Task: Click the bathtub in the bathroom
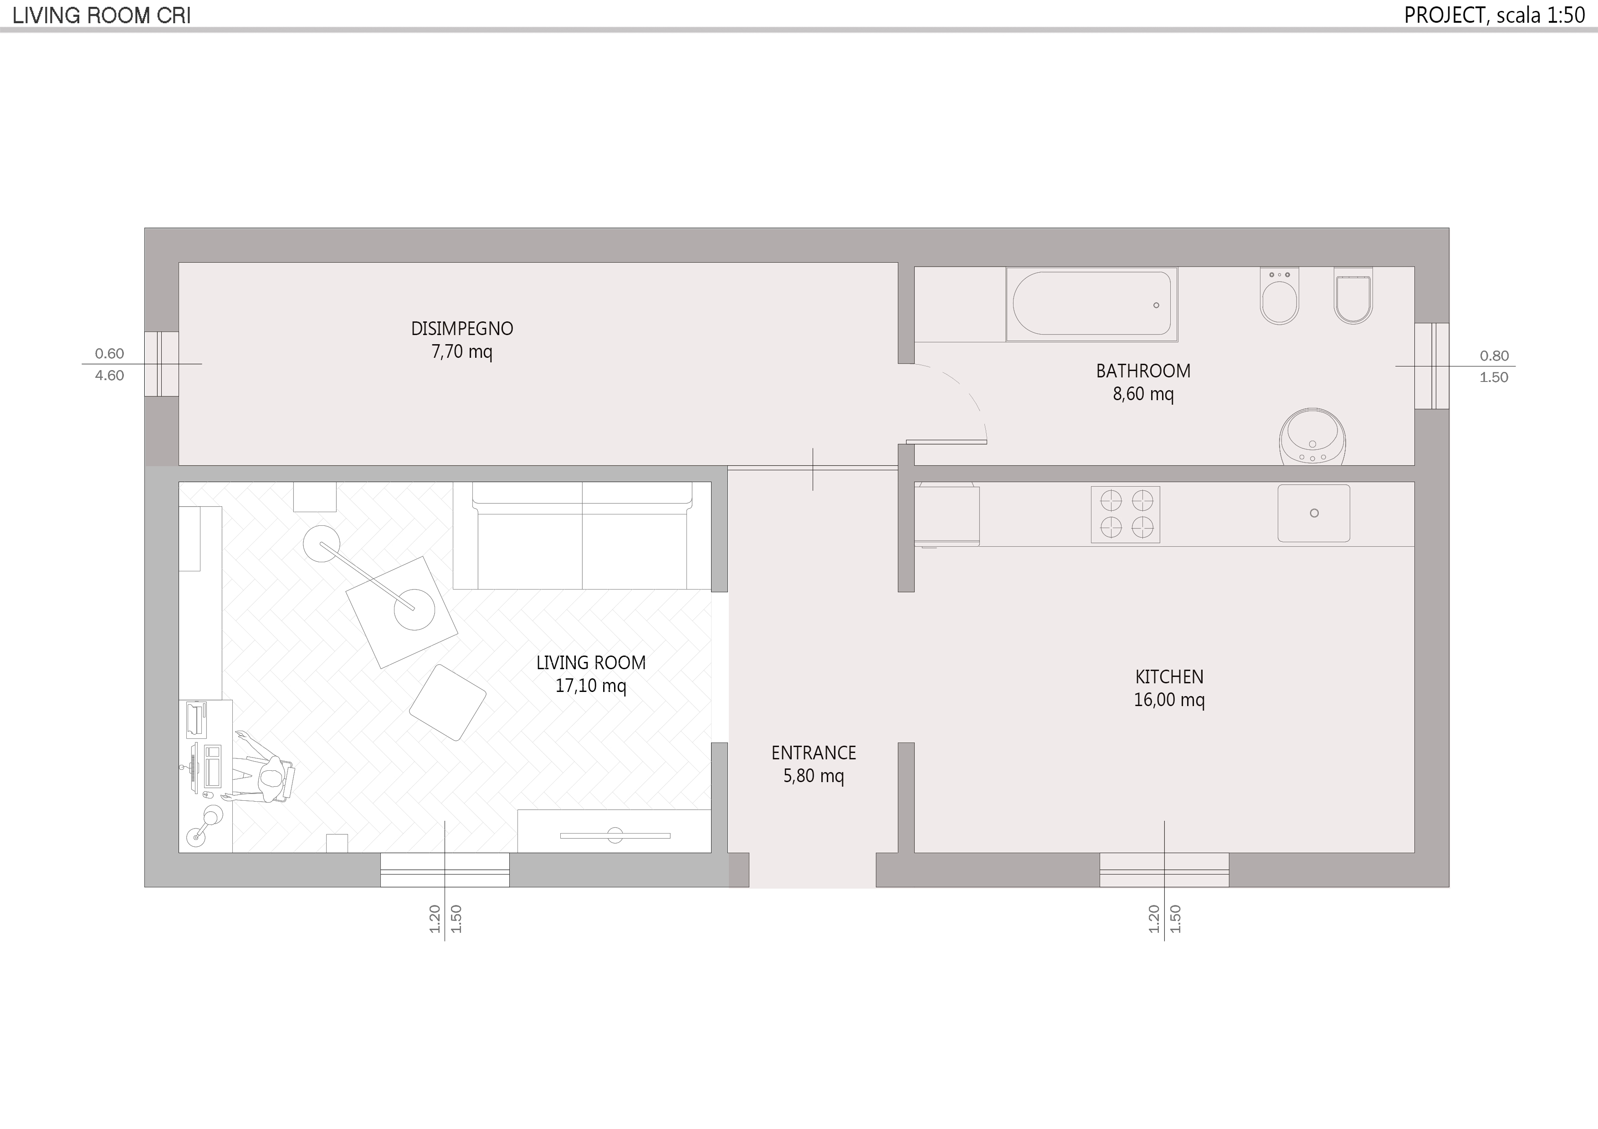tap(1091, 305)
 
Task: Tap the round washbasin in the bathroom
tap(1312, 437)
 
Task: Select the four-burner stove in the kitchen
tap(1126, 514)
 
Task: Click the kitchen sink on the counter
tap(1313, 514)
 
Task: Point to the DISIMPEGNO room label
tap(462, 328)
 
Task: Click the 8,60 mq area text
tap(1143, 394)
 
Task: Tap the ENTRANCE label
tap(814, 753)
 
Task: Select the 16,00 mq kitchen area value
tap(1169, 700)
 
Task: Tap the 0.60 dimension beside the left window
tap(109, 353)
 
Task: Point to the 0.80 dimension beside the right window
tap(1494, 356)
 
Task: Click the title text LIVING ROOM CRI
tap(102, 16)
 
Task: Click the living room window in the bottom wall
tap(445, 870)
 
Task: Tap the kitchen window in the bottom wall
tap(1164, 870)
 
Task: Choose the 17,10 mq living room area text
tap(591, 686)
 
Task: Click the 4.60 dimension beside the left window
tap(109, 376)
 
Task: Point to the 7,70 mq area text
tap(462, 352)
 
